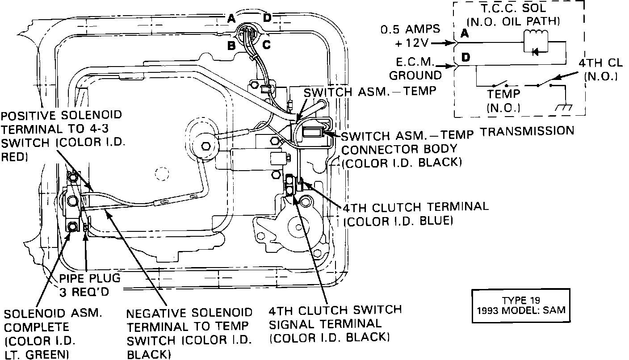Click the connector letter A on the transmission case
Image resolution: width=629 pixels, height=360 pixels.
point(231,18)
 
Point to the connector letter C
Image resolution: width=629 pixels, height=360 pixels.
point(266,45)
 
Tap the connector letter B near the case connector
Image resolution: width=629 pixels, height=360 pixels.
point(231,45)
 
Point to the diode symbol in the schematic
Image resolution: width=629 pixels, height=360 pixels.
point(534,51)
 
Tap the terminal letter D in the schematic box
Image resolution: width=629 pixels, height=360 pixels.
point(466,58)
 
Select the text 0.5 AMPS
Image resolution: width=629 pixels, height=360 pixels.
point(410,30)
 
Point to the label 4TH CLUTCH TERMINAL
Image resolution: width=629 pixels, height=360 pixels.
point(415,207)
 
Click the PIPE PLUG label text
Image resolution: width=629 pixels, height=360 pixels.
point(90,278)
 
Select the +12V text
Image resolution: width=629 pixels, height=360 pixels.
point(412,43)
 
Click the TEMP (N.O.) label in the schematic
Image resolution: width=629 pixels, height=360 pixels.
point(503,101)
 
